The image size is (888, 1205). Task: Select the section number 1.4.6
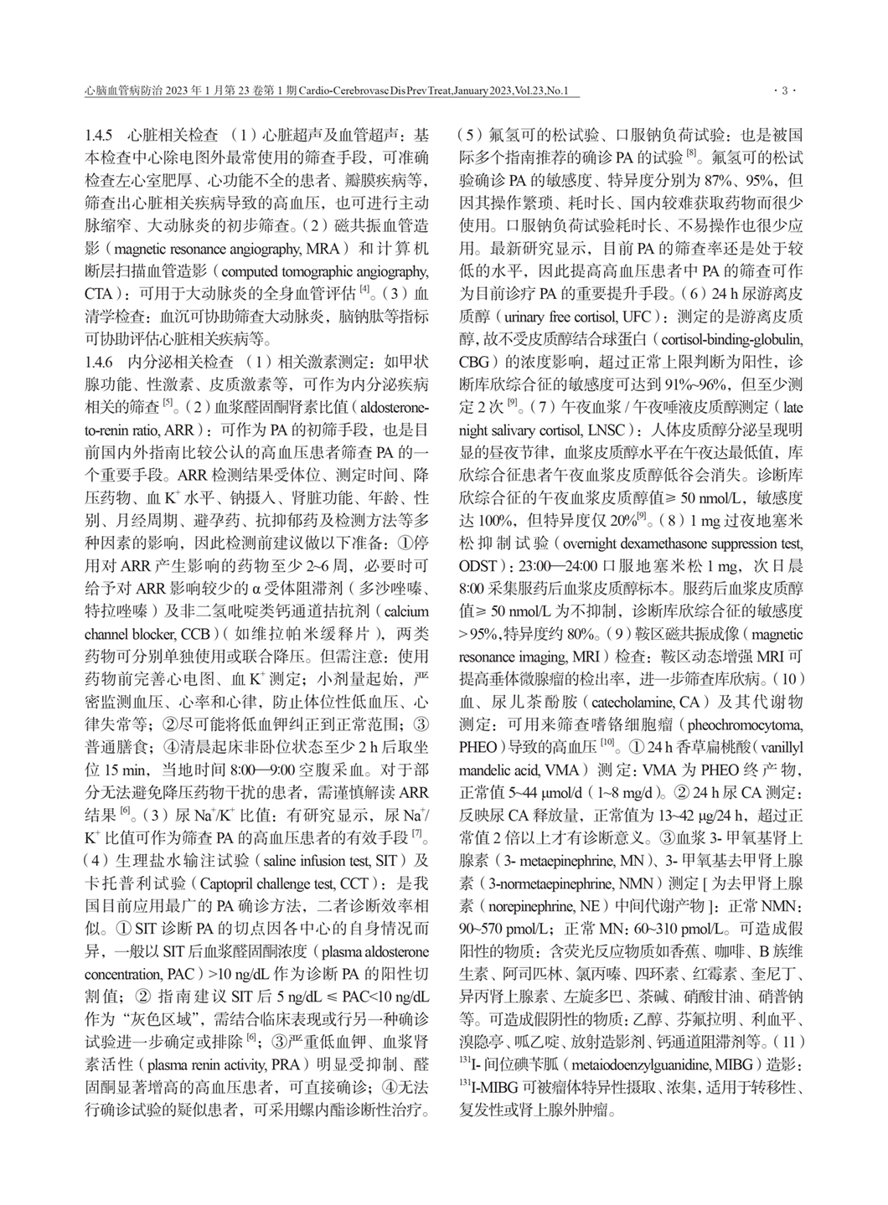(x=101, y=363)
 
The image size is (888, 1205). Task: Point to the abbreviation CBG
(x=474, y=363)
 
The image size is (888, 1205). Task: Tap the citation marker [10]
(x=609, y=742)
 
